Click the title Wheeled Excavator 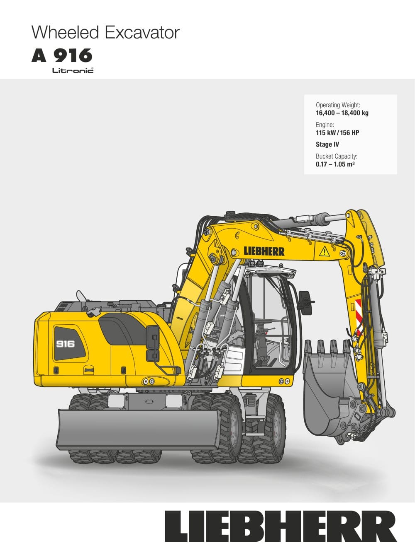pos(105,33)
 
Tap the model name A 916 pos(62,55)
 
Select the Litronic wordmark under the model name pos(73,70)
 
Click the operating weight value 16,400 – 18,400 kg pos(342,113)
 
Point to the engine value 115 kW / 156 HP pos(337,133)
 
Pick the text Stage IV pos(327,144)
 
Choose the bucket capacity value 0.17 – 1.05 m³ pos(335,164)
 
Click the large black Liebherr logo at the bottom pos(281,526)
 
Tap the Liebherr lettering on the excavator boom pos(264,251)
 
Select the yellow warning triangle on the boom pos(324,251)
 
